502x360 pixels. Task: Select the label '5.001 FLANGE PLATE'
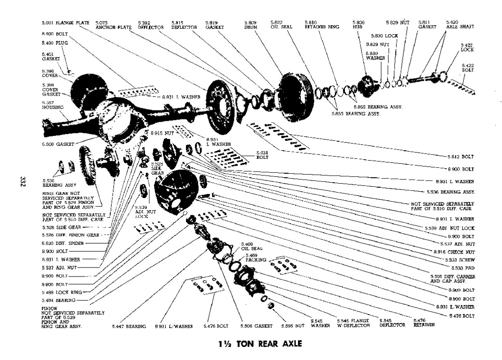(x=65, y=22)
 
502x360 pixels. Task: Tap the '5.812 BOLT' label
(x=461, y=157)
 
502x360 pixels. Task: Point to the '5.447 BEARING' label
(x=130, y=326)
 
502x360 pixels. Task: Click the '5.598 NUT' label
(x=293, y=326)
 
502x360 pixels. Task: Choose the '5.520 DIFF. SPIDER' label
(x=63, y=243)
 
